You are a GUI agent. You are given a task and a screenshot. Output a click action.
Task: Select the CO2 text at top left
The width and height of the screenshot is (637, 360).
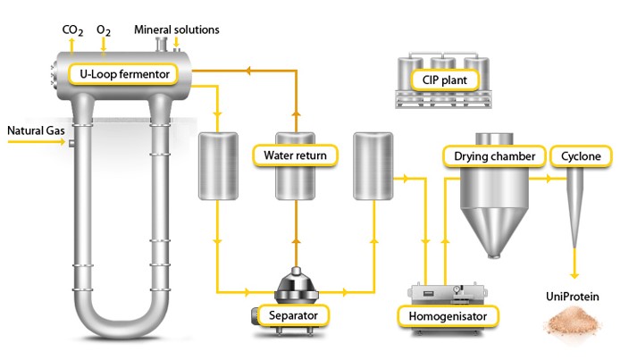(x=73, y=30)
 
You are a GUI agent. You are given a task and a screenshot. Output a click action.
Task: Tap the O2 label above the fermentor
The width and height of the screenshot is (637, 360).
(x=104, y=30)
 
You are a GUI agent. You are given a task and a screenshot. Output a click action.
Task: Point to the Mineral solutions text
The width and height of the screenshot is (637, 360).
(x=177, y=30)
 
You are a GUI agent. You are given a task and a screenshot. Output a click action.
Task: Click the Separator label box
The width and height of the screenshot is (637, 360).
(x=293, y=314)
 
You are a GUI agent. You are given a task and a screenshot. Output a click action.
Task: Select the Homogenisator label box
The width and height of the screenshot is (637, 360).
(x=447, y=314)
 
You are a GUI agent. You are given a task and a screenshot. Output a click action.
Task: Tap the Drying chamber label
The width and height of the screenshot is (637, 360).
(x=494, y=156)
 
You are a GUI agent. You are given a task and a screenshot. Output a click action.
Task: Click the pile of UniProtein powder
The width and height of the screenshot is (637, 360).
(x=573, y=322)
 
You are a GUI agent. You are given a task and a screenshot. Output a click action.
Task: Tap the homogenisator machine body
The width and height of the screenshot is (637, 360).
(x=447, y=291)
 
